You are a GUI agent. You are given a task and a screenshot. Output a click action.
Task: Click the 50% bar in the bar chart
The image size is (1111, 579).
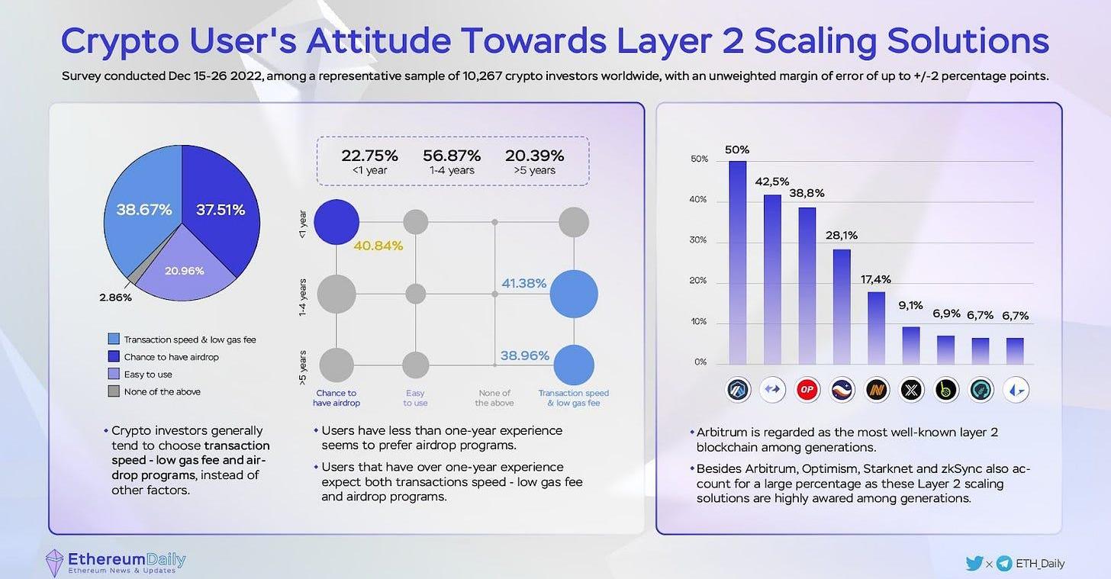(737, 263)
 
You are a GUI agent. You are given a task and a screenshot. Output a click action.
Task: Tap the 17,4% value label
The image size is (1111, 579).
(876, 279)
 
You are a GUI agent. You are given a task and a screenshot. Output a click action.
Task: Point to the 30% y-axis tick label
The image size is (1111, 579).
(699, 240)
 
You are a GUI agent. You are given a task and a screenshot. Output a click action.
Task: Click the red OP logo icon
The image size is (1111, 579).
(807, 390)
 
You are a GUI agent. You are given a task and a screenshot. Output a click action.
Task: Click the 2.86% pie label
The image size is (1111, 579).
(116, 298)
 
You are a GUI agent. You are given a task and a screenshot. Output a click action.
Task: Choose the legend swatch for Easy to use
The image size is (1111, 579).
(114, 374)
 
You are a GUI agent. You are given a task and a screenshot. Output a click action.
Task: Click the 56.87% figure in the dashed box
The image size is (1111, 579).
(452, 156)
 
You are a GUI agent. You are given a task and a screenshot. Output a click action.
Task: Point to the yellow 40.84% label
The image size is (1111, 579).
(378, 246)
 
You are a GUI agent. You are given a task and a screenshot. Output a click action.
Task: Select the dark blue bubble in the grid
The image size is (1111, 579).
(336, 222)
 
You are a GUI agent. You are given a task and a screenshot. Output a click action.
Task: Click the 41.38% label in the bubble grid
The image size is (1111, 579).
(523, 283)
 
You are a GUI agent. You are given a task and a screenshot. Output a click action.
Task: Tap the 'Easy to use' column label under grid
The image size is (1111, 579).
(415, 397)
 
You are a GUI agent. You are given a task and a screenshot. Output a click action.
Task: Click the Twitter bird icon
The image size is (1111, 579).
(974, 564)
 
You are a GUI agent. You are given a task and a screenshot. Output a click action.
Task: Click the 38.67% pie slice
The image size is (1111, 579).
(143, 210)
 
